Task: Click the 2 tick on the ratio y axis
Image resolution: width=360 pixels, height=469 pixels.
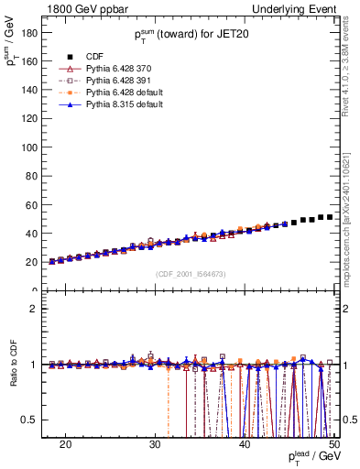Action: tap(37, 309)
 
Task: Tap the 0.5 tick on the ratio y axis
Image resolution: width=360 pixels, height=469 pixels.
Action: tap(34, 420)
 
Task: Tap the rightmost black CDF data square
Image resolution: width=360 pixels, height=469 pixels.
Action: tap(329, 217)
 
